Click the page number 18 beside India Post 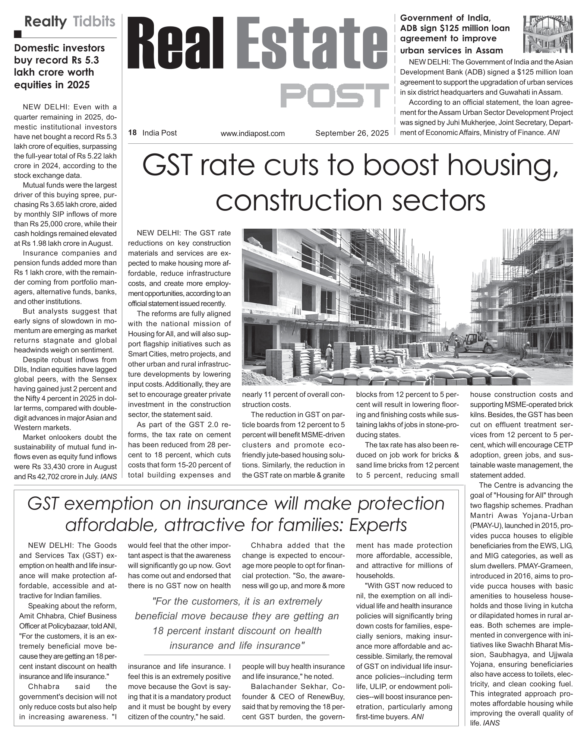(x=132, y=133)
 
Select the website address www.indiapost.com (x=252, y=133)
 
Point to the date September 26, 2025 (x=352, y=133)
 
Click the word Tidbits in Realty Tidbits (x=94, y=22)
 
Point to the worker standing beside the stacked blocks (x=329, y=355)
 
